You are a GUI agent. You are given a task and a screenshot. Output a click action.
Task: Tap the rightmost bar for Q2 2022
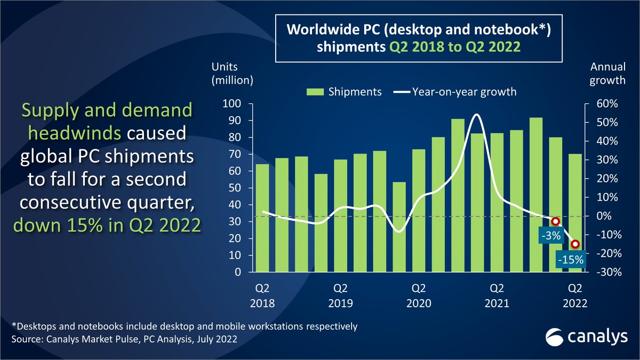(575, 213)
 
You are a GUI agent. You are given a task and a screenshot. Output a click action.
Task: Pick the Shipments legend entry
(344, 92)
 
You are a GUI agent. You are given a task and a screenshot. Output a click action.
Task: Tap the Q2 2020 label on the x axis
(419, 295)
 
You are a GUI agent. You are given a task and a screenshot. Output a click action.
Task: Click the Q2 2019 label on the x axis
(340, 295)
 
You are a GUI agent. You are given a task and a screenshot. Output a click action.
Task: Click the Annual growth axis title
(607, 74)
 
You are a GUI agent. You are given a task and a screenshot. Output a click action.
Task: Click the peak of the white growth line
(476, 115)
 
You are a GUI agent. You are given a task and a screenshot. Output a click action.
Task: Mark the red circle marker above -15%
(575, 244)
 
